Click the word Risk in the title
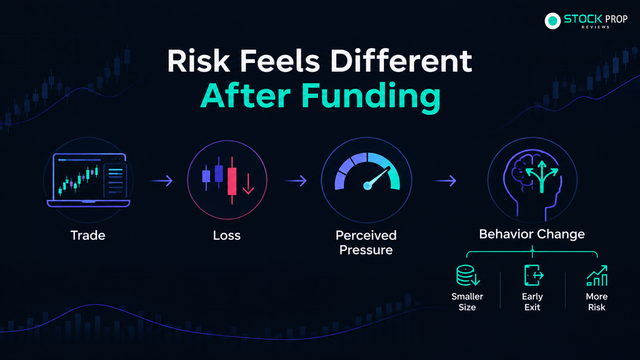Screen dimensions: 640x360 199,61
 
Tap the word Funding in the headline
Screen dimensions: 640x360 371,96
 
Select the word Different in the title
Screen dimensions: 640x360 401,61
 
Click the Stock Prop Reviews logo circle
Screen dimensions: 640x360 552,21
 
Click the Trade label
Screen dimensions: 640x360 87,236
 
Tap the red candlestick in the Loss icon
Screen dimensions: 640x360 232,180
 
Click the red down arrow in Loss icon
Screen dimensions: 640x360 248,184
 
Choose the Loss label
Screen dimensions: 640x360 227,236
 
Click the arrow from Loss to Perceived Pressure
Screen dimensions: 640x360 295,181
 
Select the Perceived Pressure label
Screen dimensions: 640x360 366,242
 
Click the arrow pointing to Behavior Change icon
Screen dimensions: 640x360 444,181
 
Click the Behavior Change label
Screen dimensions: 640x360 532,234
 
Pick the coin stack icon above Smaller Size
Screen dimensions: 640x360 467,276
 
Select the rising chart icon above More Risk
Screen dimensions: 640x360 597,276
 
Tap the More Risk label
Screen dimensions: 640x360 597,302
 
